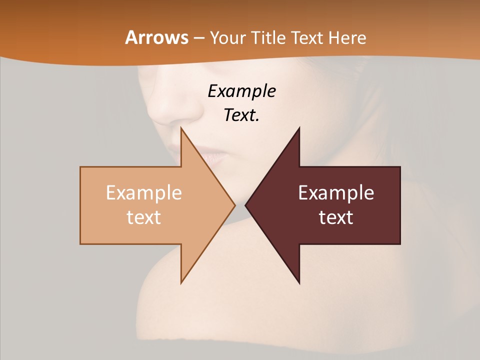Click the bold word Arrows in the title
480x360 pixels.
[x=157, y=37]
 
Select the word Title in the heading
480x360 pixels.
[x=270, y=37]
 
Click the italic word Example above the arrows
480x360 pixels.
[x=242, y=91]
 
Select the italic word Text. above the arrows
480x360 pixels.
[x=242, y=115]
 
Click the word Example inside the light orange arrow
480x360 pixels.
[x=144, y=192]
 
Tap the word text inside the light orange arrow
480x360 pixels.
[x=144, y=217]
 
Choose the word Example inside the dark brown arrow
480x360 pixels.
[x=336, y=192]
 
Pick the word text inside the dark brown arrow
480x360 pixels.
[x=336, y=217]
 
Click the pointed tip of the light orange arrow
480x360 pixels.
[x=234, y=205]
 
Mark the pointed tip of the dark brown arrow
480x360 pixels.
[x=245, y=205]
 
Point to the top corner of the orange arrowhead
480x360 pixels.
[x=181, y=128]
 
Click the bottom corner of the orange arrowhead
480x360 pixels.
[x=181, y=282]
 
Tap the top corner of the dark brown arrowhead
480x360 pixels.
[x=299, y=128]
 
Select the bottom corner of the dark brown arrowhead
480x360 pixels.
[x=299, y=283]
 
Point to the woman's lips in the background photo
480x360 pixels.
[x=212, y=155]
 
